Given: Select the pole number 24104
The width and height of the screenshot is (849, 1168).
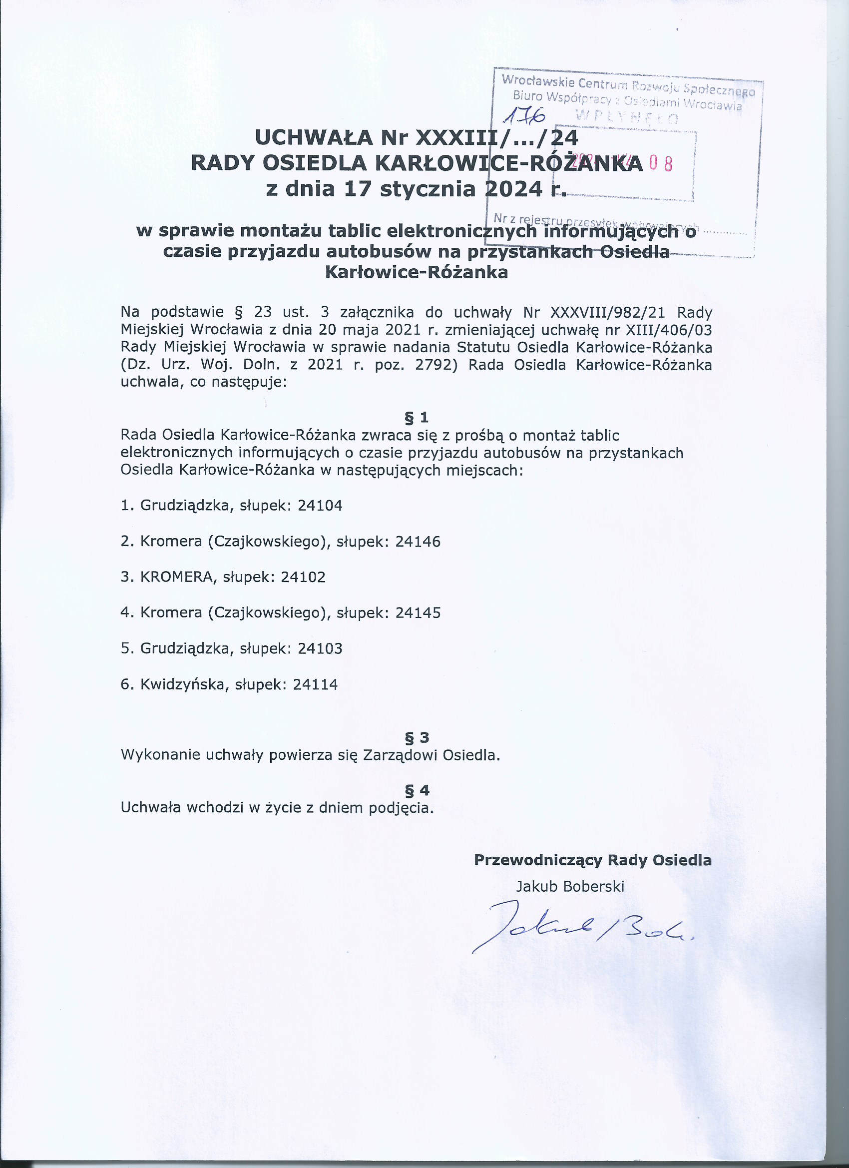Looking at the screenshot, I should point(320,505).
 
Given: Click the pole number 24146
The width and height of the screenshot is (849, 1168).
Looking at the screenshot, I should point(418,541).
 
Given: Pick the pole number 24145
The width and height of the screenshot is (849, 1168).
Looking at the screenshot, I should point(418,612).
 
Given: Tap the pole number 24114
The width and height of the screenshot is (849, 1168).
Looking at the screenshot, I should point(315,684).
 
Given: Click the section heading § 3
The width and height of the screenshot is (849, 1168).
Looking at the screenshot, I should point(417,737).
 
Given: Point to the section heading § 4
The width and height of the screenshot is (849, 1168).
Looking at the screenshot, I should point(417,790).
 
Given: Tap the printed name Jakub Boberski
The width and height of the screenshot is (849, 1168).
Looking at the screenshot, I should point(570,886).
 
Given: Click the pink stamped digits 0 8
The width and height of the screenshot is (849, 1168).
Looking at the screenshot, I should point(661,164).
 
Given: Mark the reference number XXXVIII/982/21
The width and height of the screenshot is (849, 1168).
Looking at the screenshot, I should point(607,313).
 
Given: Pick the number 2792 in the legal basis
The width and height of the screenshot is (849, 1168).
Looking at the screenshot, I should point(436,365).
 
